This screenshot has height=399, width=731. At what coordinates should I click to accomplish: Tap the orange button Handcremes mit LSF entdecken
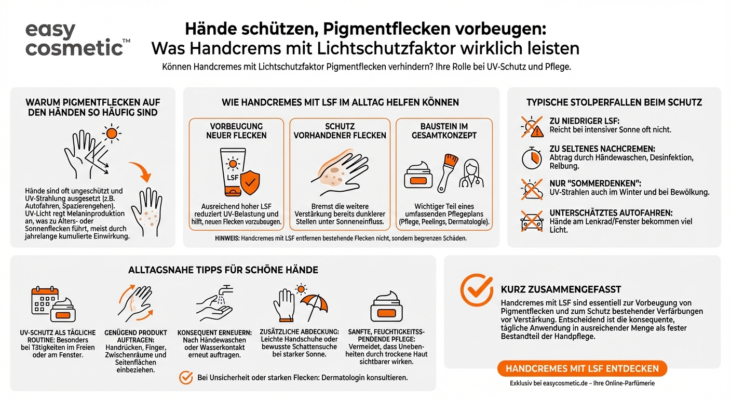click(x=582, y=368)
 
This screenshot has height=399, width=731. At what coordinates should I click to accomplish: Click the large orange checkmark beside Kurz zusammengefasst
click(x=477, y=290)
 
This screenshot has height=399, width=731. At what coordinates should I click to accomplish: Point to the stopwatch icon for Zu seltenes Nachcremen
click(x=531, y=158)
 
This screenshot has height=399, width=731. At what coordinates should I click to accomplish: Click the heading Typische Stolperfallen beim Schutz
click(x=614, y=102)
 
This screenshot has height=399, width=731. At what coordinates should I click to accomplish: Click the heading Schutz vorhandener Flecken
click(x=340, y=131)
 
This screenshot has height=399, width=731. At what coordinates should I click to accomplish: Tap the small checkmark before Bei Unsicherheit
click(x=185, y=378)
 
